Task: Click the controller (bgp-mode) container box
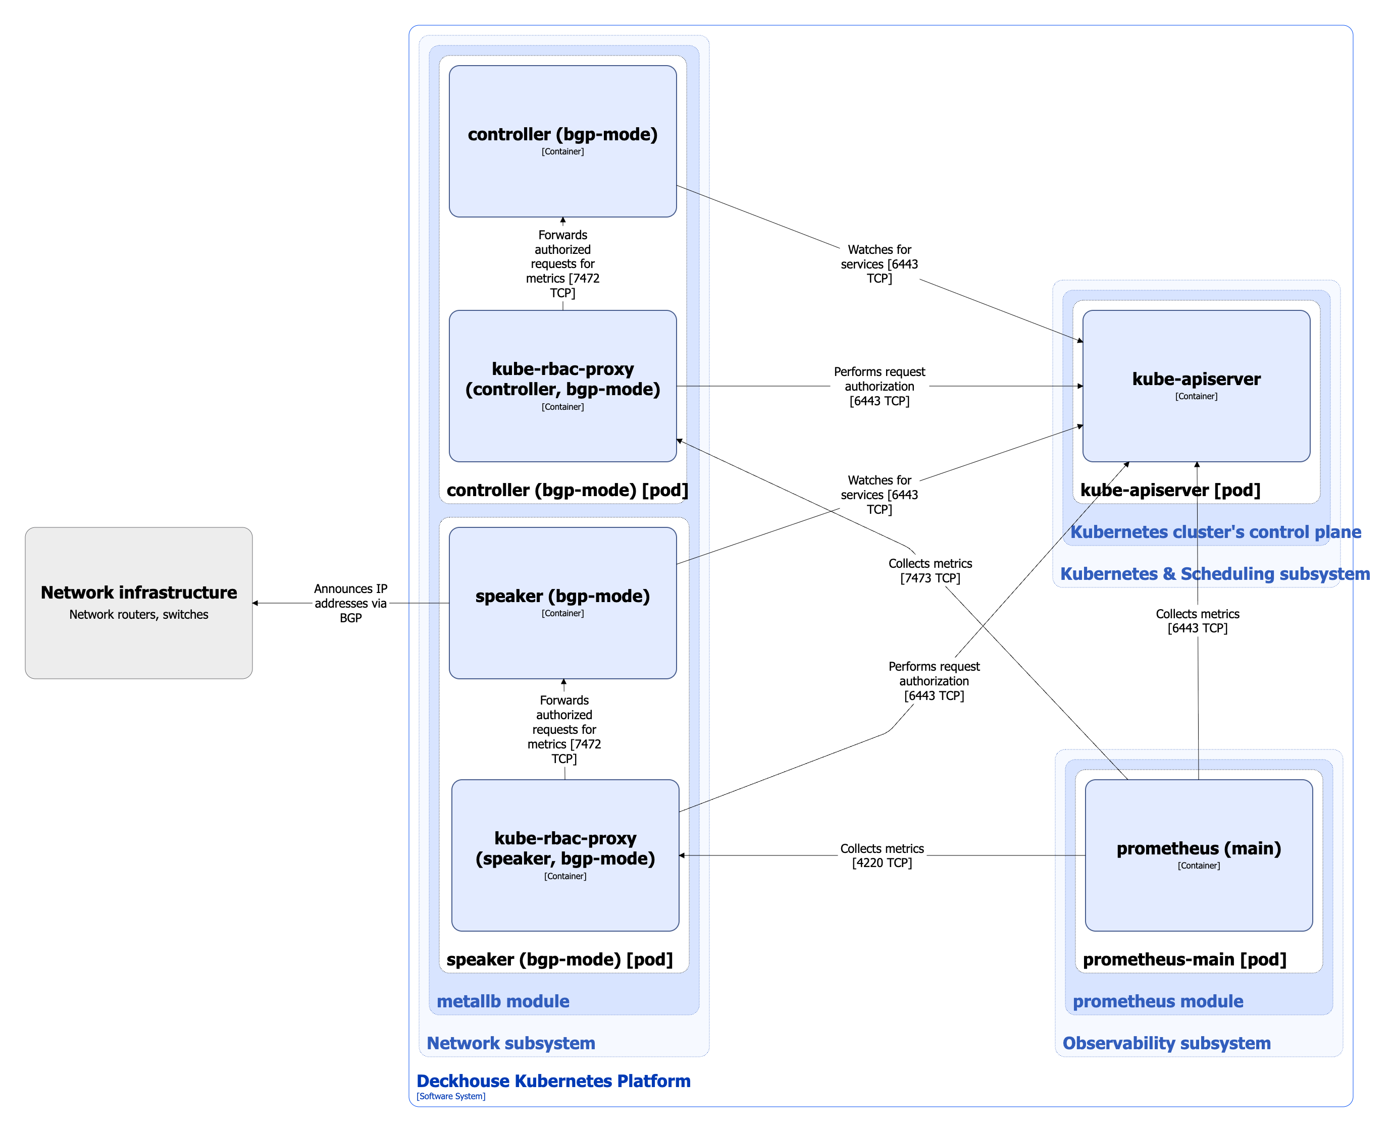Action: point(562,141)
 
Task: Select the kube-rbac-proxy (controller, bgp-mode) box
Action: point(562,386)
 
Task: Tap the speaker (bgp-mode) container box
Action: point(562,603)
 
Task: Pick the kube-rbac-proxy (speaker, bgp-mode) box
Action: point(565,855)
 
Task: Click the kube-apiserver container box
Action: point(1196,386)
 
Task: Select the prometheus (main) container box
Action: point(1198,855)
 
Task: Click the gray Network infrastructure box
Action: point(138,603)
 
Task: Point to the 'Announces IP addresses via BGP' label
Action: point(350,603)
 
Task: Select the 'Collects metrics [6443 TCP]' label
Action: point(1197,620)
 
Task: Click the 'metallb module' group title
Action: point(502,1001)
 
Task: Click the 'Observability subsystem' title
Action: point(1166,1043)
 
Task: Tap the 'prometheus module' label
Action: point(1157,1001)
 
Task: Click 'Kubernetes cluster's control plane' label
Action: point(1215,531)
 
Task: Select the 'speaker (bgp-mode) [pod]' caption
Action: point(559,959)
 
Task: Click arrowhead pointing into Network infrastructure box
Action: point(255,603)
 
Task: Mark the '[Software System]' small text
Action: point(451,1096)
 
